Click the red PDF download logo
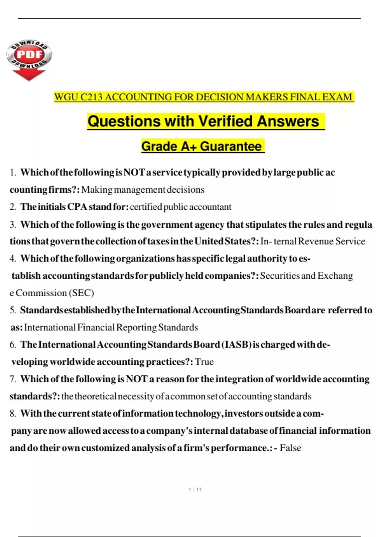[29, 60]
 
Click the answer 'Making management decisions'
[143, 190]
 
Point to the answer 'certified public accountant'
[181, 207]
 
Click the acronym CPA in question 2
[77, 207]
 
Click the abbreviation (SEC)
[81, 293]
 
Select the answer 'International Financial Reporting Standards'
[111, 328]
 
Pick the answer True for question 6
[204, 362]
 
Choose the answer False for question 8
[290, 448]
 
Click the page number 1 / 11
[195, 490]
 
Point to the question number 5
[13, 310]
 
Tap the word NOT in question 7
[136, 379]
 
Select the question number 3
[13, 225]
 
